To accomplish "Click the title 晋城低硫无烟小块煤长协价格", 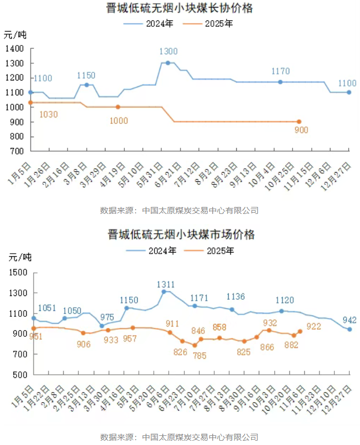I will point(180,9).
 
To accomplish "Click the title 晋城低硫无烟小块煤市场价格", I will point(180,235).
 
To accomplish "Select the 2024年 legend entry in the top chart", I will point(159,24).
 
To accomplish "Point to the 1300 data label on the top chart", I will point(168,51).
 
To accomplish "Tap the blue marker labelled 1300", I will point(168,63).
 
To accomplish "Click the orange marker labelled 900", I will point(299,122).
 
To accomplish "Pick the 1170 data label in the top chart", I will point(280,71).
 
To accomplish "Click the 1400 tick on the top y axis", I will point(16,49).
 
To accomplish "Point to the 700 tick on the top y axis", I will point(18,152).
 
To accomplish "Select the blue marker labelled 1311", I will point(164,292).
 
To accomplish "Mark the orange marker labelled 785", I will point(194,345).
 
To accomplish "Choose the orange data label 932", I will point(270,323).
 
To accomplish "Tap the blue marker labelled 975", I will point(102,326).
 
